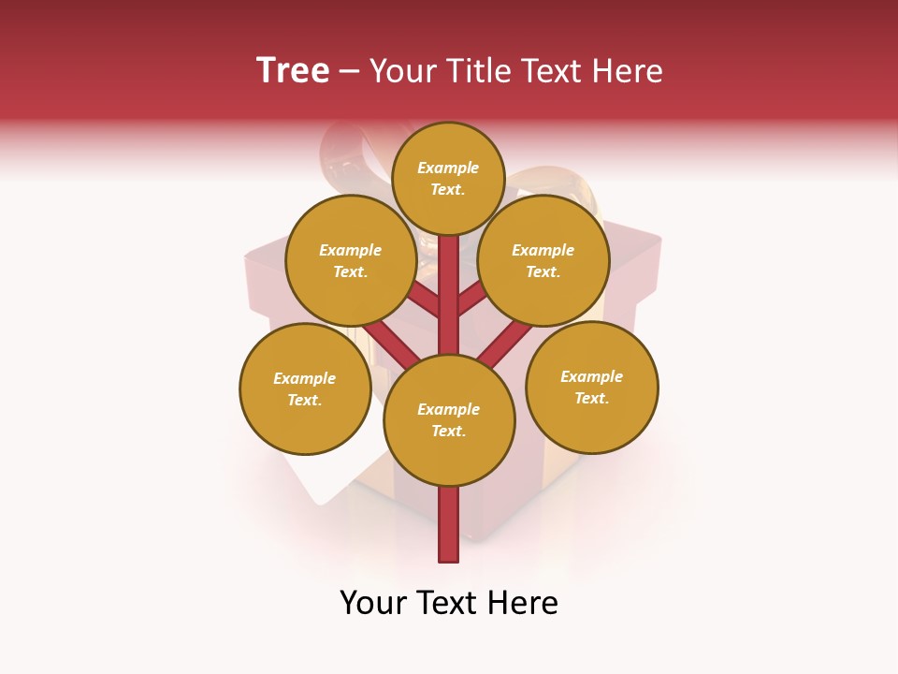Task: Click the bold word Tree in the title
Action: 293,71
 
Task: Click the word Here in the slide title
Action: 628,71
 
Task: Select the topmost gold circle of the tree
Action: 448,178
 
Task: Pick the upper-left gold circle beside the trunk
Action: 351,260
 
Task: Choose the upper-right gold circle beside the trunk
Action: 543,260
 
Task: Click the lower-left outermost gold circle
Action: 305,388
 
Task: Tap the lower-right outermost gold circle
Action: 591,387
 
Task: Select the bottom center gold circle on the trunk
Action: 449,420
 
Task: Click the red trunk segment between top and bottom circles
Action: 449,295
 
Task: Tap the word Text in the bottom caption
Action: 448,603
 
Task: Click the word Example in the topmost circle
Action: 448,168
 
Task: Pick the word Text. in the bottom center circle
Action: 448,432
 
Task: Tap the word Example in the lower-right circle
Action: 591,376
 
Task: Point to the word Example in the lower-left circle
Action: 305,378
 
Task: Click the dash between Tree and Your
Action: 349,72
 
